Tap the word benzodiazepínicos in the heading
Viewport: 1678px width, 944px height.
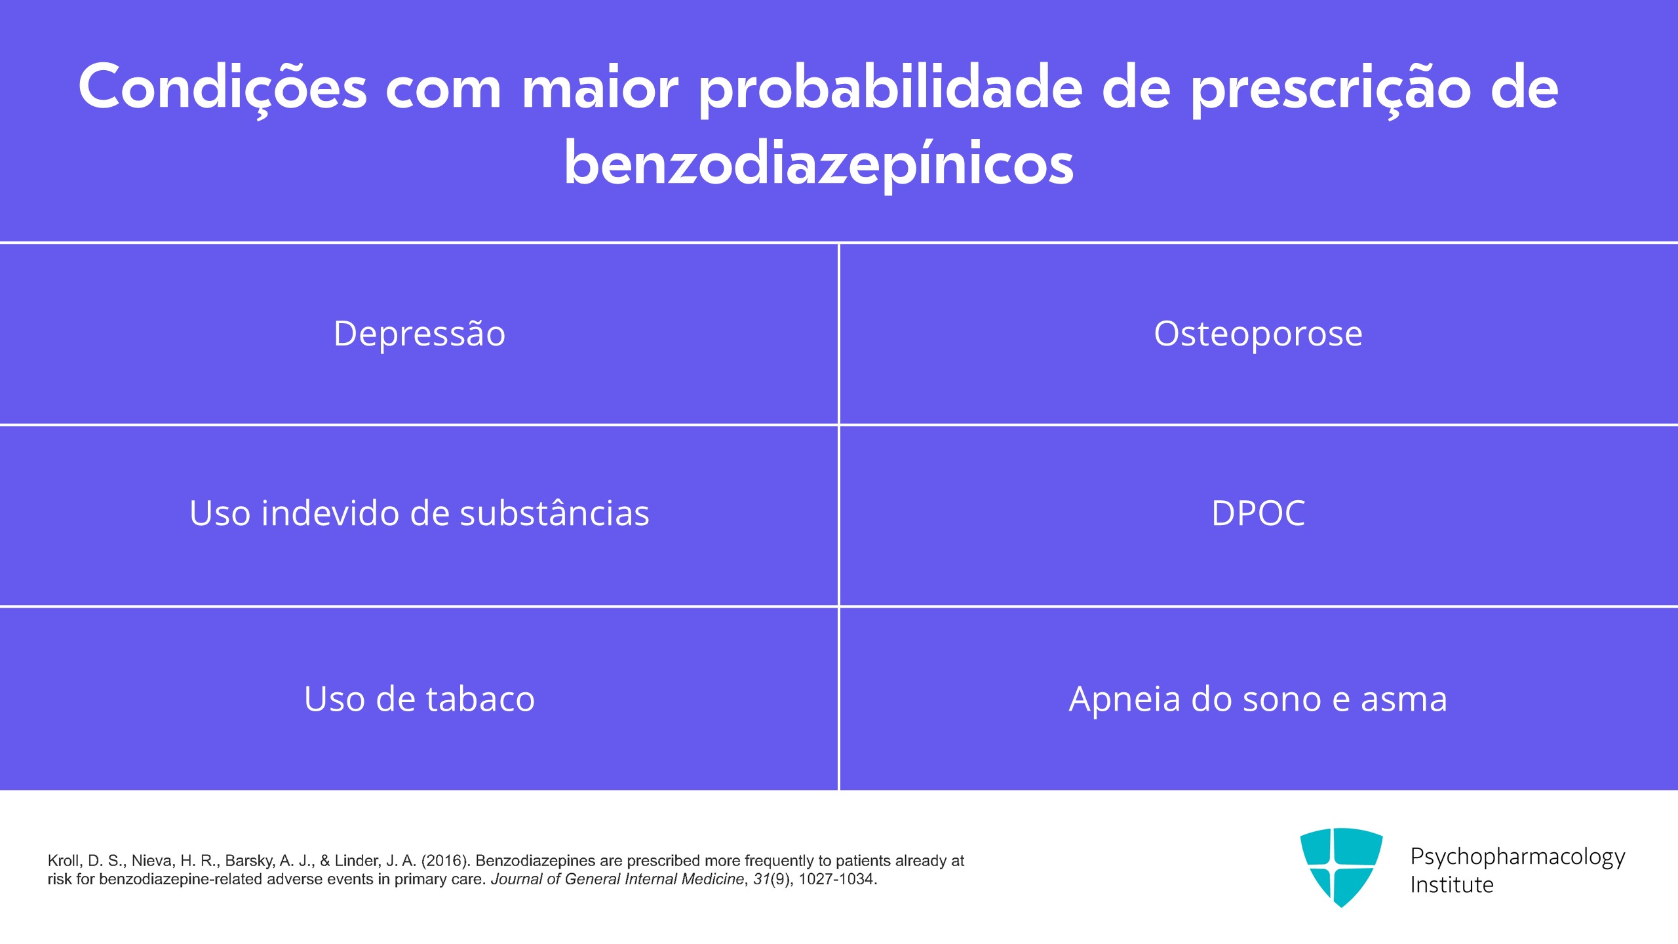819,164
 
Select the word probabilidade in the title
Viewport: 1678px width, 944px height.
891,89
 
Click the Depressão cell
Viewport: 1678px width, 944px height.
419,334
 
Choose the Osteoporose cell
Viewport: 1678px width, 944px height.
1258,334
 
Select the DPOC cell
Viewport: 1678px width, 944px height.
1258,515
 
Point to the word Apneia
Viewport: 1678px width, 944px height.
1124,700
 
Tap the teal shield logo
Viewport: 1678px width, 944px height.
1341,867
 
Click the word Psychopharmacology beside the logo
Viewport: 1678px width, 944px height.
1517,857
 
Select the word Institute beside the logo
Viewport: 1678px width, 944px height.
1452,885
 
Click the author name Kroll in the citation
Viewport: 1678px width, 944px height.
63,861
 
